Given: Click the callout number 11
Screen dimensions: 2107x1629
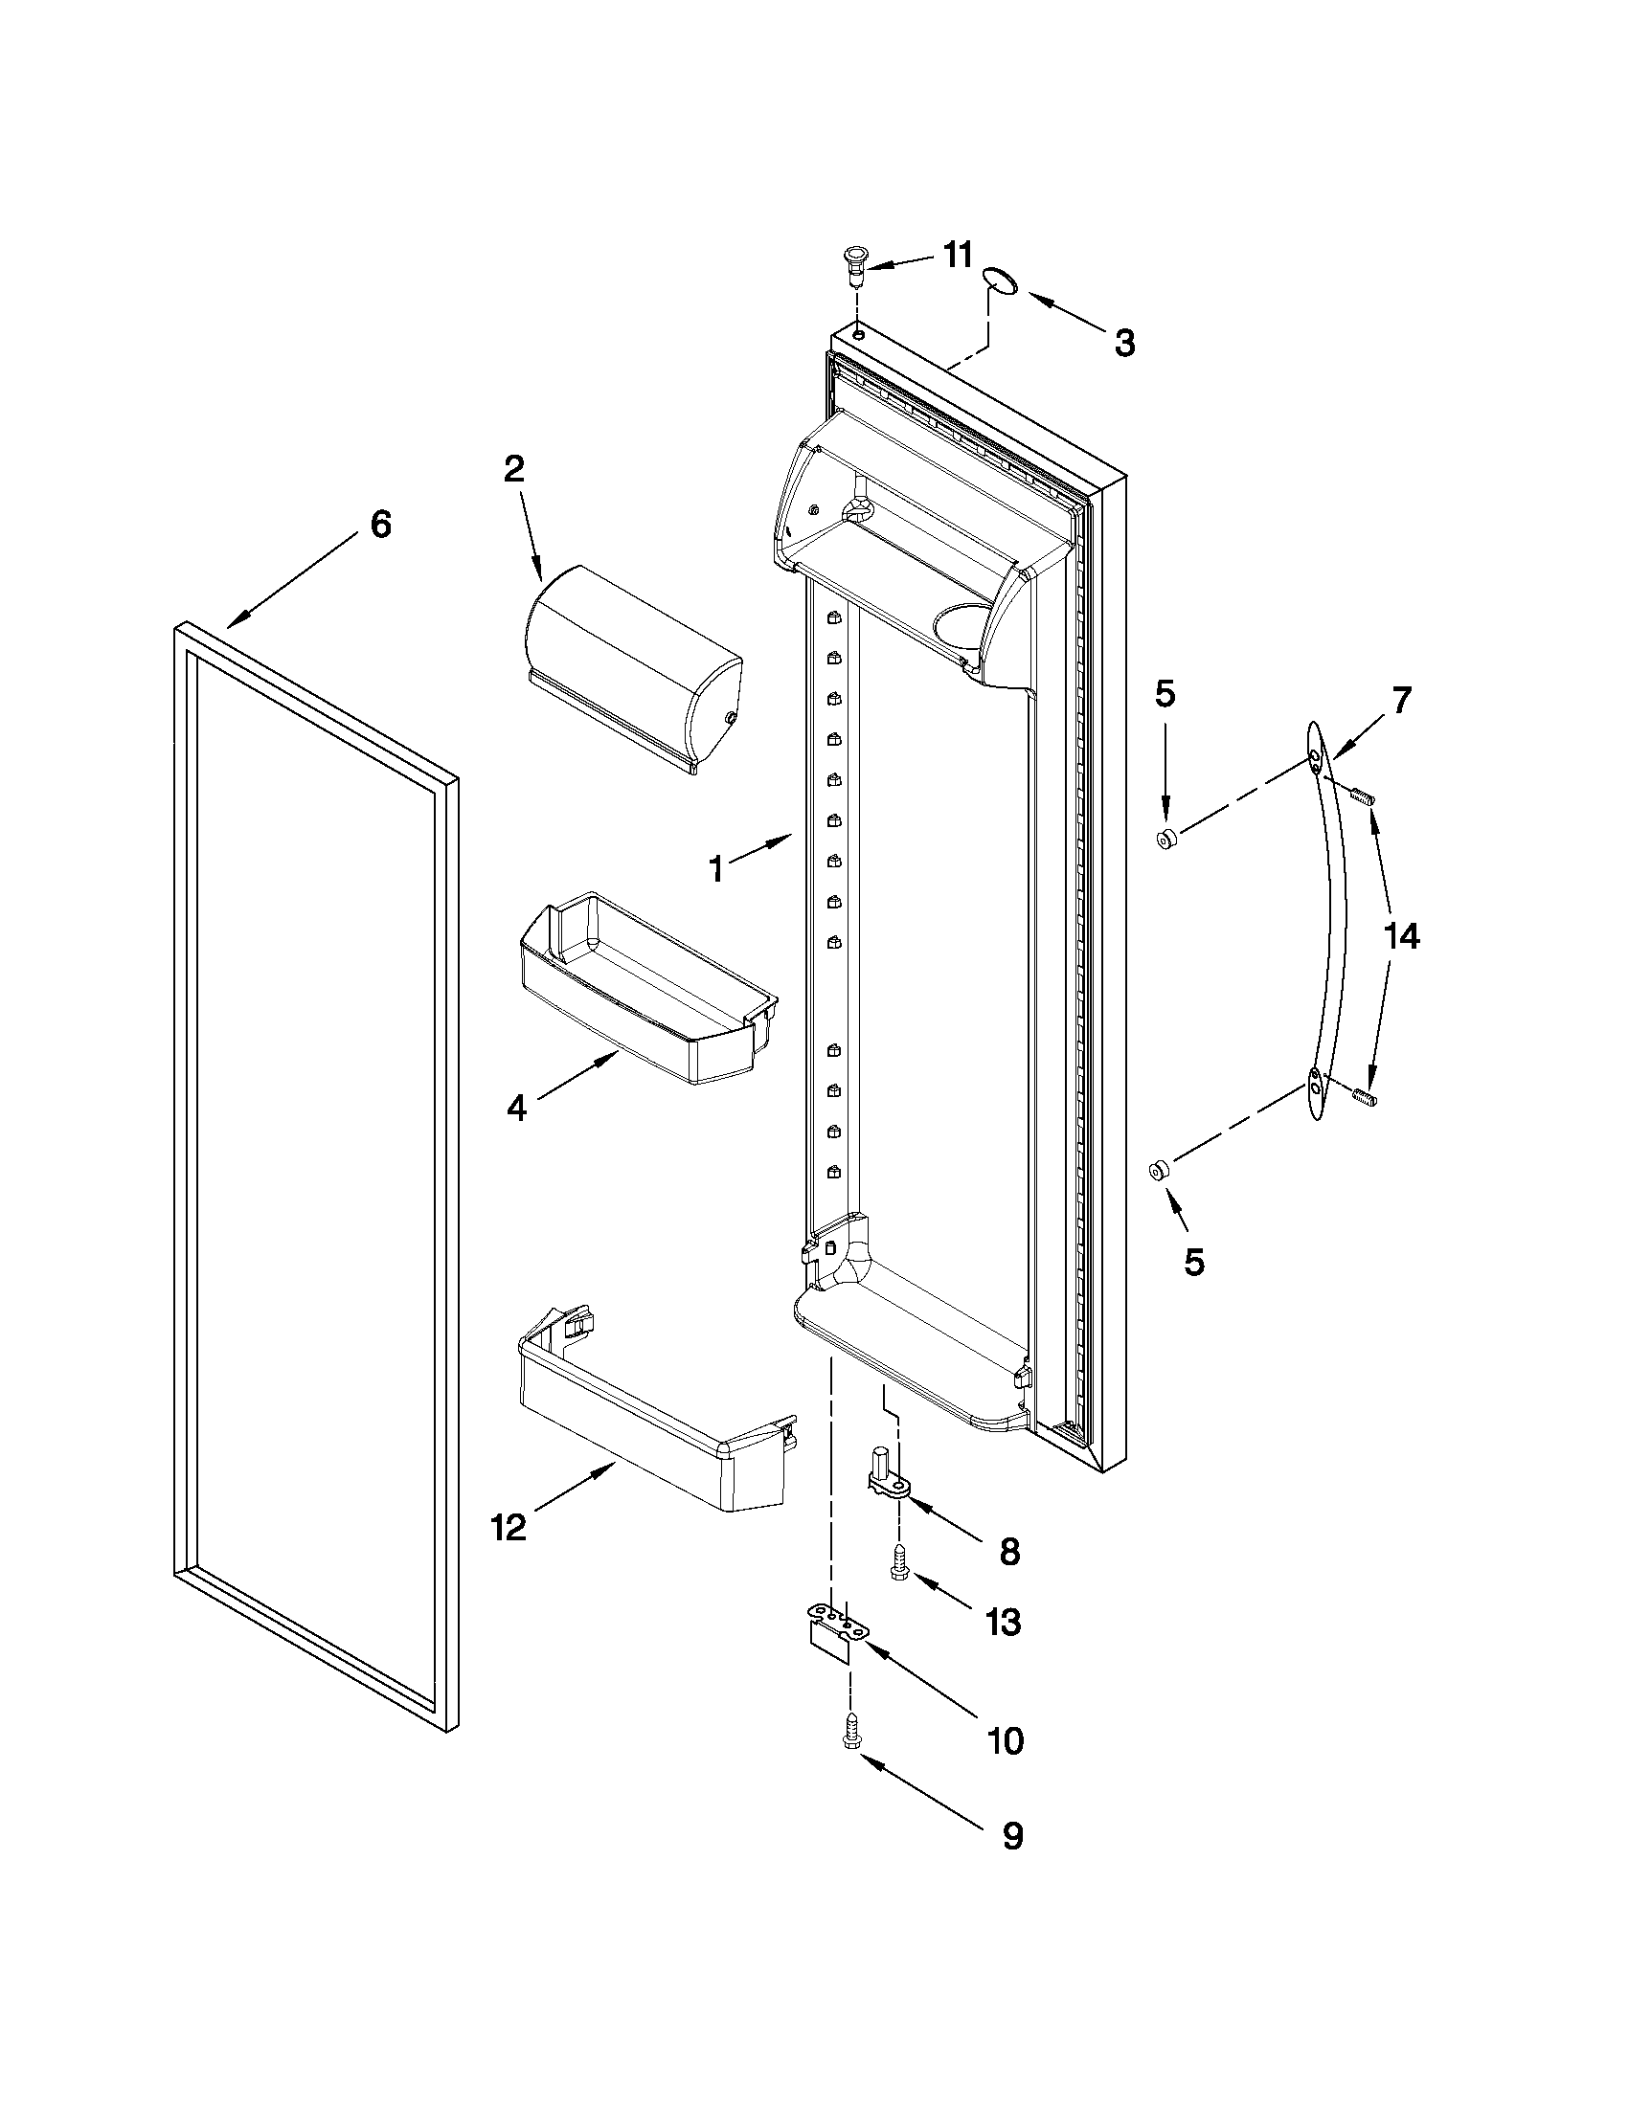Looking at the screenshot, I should click(958, 256).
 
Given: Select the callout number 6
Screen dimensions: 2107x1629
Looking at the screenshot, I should click(381, 525).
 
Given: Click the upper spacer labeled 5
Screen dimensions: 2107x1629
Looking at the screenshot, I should click(1166, 840).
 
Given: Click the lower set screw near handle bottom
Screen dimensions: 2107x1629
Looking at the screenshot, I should click(1364, 1097).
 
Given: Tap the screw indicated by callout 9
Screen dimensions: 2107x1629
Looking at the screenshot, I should click(850, 1733).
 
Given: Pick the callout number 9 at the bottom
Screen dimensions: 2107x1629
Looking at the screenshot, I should click(1010, 1836).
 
